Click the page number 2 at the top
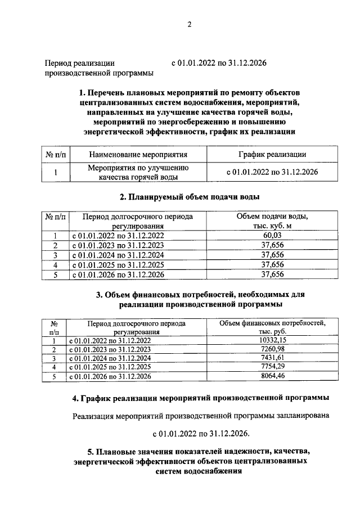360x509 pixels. pyautogui.click(x=190, y=25)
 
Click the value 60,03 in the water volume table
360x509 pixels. pyautogui.click(x=272, y=236)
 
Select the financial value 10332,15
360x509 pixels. pyautogui.click(x=272, y=340)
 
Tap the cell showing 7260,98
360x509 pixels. pyautogui.click(x=272, y=349)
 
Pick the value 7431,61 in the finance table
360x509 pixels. pyautogui.click(x=272, y=358)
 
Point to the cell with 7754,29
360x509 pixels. pyautogui.click(x=272, y=367)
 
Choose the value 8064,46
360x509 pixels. pyautogui.click(x=272, y=376)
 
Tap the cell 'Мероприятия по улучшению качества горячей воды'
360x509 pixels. pyautogui.click(x=138, y=172)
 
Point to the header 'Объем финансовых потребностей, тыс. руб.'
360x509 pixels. pyautogui.click(x=272, y=327)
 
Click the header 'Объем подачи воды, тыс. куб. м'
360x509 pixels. pyautogui.click(x=272, y=221)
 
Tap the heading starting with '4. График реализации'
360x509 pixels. pyautogui.click(x=201, y=399)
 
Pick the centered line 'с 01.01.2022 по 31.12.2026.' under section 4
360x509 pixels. pyautogui.click(x=201, y=434)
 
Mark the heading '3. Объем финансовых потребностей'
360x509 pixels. pyautogui.click(x=200, y=299)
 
